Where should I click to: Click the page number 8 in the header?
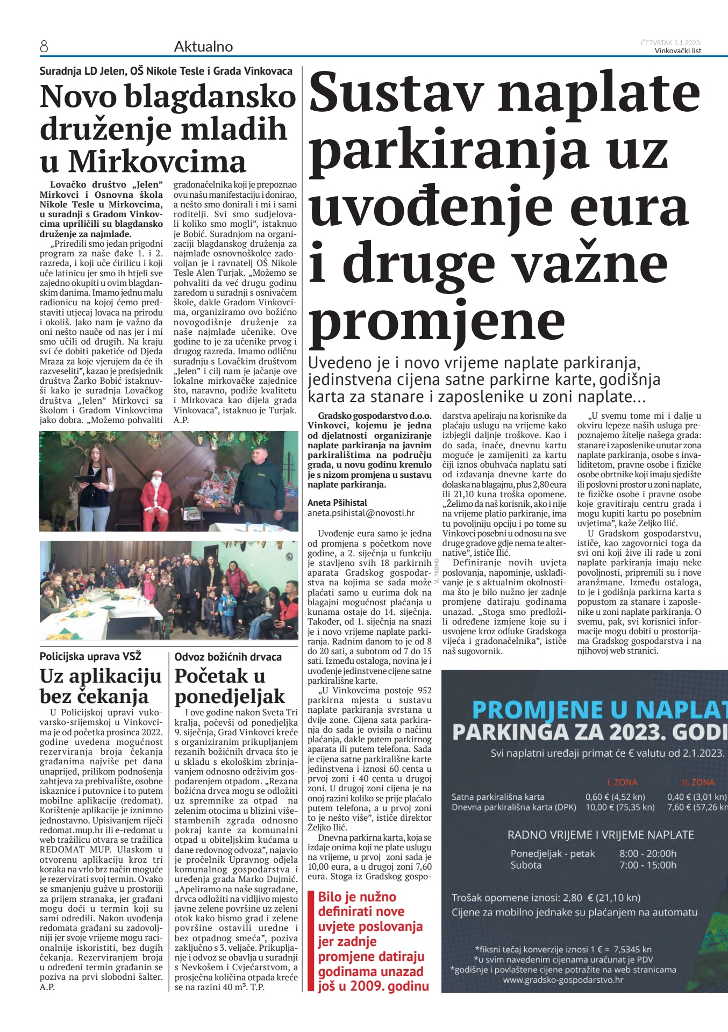pyautogui.click(x=44, y=47)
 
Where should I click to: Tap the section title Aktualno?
pyautogui.click(x=203, y=47)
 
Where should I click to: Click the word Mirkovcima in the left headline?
pyautogui.click(x=157, y=161)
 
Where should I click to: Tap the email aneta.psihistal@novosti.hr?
pyautogui.click(x=361, y=513)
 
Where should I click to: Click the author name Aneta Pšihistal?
pyautogui.click(x=337, y=503)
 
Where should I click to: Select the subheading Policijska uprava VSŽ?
pyautogui.click(x=90, y=656)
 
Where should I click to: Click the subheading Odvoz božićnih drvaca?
pyautogui.click(x=228, y=656)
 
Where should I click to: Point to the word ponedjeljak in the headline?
pyautogui.click(x=230, y=696)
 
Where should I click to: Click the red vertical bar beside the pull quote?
pyautogui.click(x=310, y=941)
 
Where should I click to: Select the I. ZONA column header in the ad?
pyautogui.click(x=622, y=782)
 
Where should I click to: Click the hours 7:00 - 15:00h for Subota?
pyautogui.click(x=648, y=865)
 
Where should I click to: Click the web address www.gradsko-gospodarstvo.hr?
pyautogui.click(x=563, y=979)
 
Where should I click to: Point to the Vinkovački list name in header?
pyautogui.click(x=677, y=51)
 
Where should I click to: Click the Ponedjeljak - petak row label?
pyautogui.click(x=553, y=853)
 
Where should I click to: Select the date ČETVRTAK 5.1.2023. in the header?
pyautogui.click(x=670, y=42)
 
